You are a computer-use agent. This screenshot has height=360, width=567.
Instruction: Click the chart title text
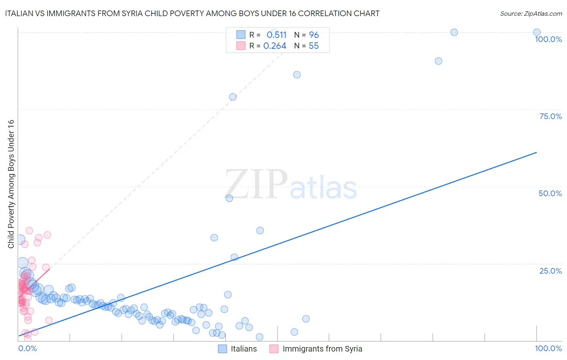click(x=192, y=14)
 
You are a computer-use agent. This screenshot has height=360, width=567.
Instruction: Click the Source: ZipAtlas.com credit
click(x=531, y=14)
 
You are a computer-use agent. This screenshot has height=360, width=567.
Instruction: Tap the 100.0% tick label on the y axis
click(x=548, y=39)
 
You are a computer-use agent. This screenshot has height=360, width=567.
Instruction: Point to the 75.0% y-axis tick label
click(x=550, y=116)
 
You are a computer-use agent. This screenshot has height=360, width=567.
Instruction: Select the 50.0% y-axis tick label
click(x=550, y=193)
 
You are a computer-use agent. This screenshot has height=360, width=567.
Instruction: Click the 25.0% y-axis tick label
click(x=550, y=271)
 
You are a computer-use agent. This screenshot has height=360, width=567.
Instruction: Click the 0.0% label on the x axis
click(x=27, y=348)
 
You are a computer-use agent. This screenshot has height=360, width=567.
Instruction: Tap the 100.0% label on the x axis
click(x=548, y=348)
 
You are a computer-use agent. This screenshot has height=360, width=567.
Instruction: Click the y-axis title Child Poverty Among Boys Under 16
click(x=11, y=184)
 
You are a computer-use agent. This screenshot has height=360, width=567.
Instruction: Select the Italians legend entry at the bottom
click(x=244, y=349)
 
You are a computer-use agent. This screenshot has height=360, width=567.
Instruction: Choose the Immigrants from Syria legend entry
click(x=322, y=349)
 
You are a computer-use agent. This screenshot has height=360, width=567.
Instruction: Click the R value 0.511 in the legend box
click(x=276, y=35)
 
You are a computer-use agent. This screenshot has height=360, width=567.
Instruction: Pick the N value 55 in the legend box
click(x=314, y=46)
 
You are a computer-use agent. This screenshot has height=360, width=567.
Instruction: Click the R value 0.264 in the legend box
click(x=275, y=46)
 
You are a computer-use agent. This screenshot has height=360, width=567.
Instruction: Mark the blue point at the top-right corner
click(x=537, y=32)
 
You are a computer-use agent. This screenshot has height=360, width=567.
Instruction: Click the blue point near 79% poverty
click(x=233, y=97)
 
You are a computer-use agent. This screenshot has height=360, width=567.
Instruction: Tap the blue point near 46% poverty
click(x=229, y=198)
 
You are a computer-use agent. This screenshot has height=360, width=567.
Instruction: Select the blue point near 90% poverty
click(x=438, y=61)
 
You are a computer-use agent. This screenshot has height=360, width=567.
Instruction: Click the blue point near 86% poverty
click(x=297, y=75)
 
